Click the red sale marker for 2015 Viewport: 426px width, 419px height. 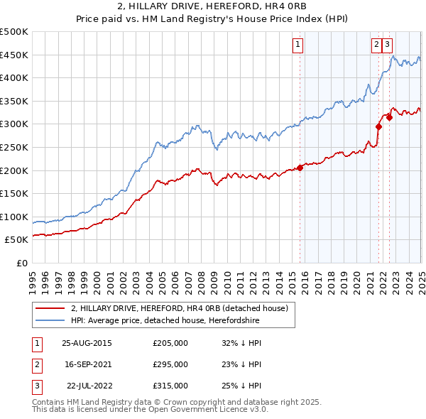tap(300, 168)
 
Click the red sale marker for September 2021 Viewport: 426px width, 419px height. tap(378, 126)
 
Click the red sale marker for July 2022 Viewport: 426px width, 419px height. tap(389, 117)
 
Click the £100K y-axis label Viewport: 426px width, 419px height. tap(14, 217)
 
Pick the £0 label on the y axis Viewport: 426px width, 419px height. tap(23, 263)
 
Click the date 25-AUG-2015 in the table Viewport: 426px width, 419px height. tap(87, 342)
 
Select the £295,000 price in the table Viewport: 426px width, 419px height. tap(170, 364)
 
